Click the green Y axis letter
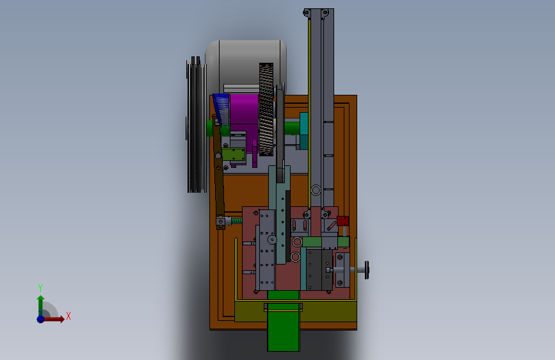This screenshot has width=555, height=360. point(40,288)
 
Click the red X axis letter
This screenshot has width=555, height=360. point(68,316)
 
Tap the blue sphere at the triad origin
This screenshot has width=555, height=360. point(41,319)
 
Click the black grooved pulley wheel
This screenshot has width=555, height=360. point(196,125)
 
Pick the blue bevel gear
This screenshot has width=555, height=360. point(221,109)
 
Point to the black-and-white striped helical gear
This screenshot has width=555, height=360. point(266,109)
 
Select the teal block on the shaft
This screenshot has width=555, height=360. point(303,131)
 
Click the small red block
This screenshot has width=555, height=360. point(342,221)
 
